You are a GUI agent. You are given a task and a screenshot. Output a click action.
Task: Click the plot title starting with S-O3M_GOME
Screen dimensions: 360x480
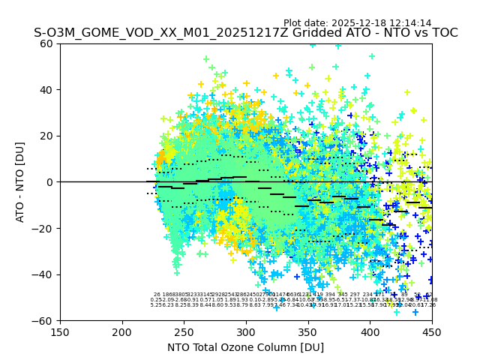click(245, 33)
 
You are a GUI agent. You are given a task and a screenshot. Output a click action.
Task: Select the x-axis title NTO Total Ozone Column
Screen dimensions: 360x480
click(245, 347)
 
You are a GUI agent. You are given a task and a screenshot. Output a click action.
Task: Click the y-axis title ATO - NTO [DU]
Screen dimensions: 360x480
click(21, 181)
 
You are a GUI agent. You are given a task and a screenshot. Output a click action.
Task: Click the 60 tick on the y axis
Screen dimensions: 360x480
click(46, 43)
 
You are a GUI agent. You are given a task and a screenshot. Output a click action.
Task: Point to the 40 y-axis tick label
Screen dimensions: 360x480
click(46, 90)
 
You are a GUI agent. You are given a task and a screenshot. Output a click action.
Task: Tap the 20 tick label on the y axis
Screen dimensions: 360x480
click(46, 136)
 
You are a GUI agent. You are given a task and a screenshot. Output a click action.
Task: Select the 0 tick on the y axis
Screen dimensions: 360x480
click(49, 182)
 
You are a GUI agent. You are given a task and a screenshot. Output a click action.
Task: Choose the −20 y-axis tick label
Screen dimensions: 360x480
click(43, 228)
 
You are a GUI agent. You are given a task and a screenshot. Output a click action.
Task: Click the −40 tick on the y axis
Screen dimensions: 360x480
click(43, 274)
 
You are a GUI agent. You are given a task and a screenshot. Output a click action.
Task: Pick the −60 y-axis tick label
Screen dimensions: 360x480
click(43, 320)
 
